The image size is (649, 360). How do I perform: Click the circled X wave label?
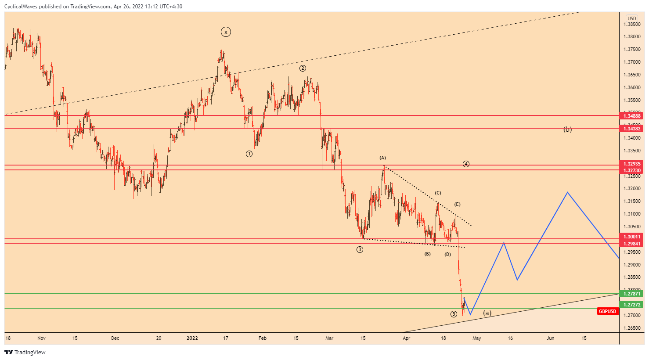226,32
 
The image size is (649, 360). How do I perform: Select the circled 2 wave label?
303,68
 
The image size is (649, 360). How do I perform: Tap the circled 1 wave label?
249,154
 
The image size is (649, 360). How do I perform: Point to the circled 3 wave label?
360,249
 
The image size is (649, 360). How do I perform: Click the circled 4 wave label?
466,164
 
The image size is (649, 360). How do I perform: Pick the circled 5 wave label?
454,314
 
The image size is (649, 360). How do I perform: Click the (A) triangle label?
382,158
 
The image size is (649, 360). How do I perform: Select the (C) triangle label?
438,193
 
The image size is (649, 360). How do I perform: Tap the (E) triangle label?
457,204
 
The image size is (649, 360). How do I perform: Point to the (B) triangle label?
427,254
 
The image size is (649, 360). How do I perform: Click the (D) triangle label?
447,254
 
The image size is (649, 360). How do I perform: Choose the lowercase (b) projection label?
567,130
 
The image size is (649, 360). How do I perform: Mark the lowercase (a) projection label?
487,313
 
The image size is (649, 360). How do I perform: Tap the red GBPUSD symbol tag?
608,311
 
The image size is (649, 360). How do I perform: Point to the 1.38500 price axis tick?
632,24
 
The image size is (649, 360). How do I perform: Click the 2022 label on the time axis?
192,338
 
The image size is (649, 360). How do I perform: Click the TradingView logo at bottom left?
25,352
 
